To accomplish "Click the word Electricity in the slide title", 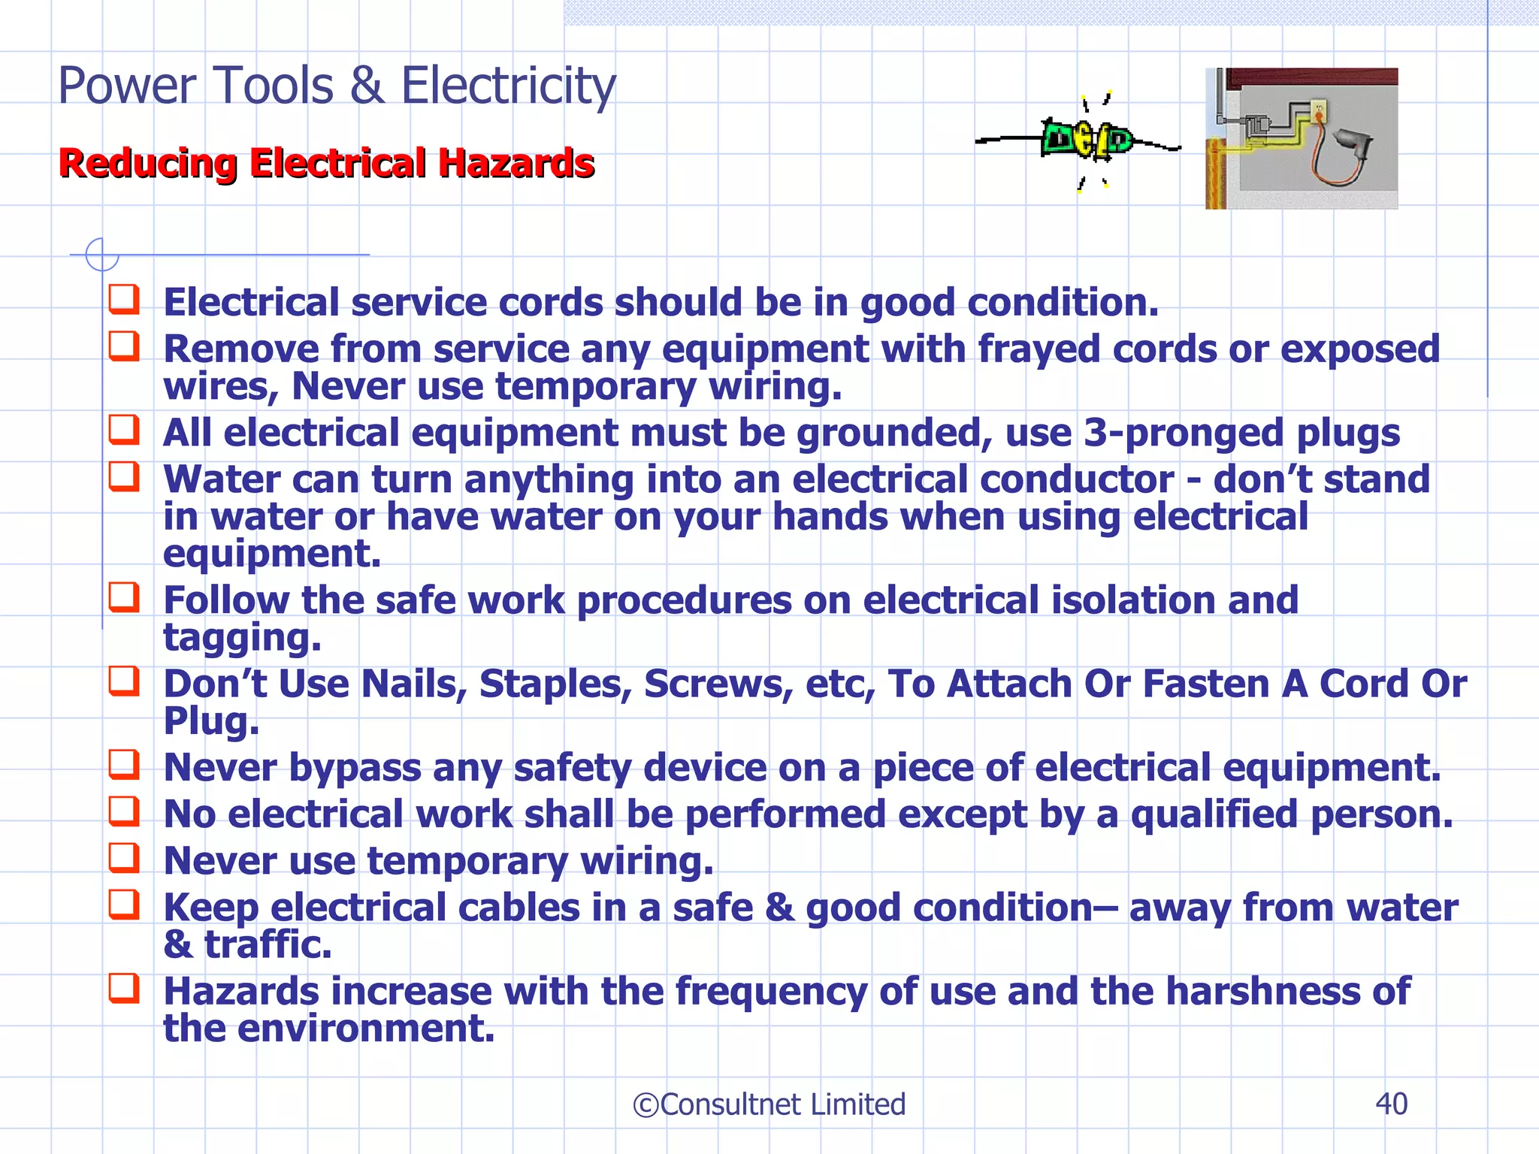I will point(508,86).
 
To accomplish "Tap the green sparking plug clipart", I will point(1087,140).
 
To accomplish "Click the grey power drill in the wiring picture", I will point(1352,143).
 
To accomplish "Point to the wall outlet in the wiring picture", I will point(1319,113).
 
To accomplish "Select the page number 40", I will point(1391,1104).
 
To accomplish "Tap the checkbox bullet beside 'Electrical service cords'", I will point(124,299).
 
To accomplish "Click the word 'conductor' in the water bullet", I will point(983,479).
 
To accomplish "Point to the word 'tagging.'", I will point(242,638).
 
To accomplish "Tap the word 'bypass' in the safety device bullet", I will point(355,768).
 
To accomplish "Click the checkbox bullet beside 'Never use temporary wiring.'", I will point(124,857).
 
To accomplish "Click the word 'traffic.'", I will point(268,944).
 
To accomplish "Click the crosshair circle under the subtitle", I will point(101,255).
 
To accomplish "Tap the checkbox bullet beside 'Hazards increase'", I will point(124,988).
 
